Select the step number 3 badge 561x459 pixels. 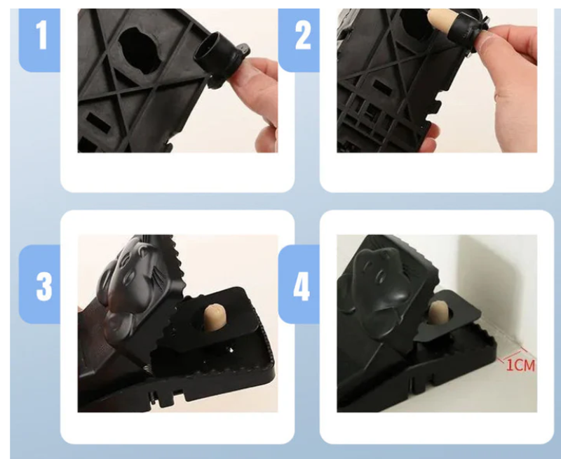[x=39, y=285]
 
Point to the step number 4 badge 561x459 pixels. [x=299, y=285]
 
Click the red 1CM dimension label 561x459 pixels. [x=521, y=365]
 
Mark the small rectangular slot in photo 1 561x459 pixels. [x=97, y=121]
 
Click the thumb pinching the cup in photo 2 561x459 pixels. [x=508, y=43]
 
